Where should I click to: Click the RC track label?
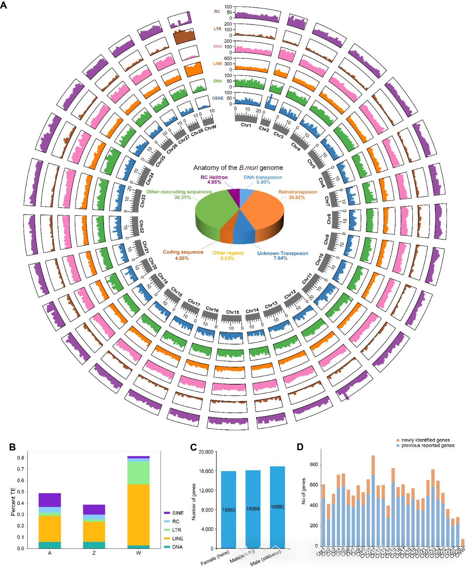click(x=217, y=12)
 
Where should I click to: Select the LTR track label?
click(x=217, y=29)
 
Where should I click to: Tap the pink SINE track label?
click(x=218, y=46)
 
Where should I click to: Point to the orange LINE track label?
click(x=217, y=63)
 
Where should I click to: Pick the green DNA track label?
click(x=217, y=81)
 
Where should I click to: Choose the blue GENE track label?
click(x=217, y=98)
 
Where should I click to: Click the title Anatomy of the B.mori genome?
click(x=238, y=168)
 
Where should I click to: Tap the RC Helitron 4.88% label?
click(x=214, y=180)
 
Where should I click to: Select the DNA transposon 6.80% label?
click(x=263, y=180)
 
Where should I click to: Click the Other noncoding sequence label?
click(x=179, y=195)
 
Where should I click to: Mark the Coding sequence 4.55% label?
click(x=183, y=255)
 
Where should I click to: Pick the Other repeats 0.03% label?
click(x=228, y=255)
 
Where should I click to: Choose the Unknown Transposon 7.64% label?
click(x=282, y=255)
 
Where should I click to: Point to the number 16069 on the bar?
click(x=253, y=509)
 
